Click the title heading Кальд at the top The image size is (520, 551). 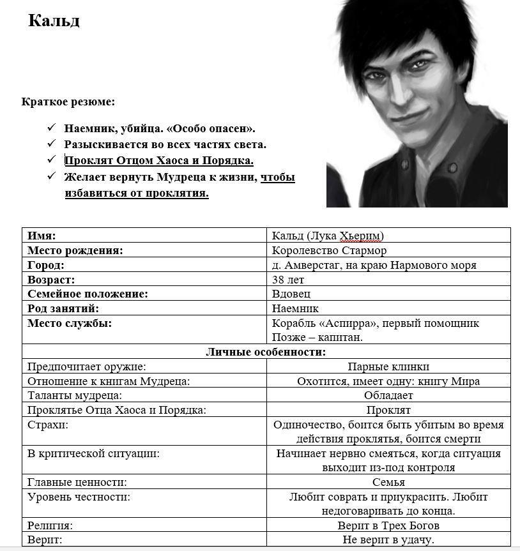click(54, 21)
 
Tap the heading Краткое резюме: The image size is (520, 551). click(68, 102)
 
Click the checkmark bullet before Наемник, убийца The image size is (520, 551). click(51, 128)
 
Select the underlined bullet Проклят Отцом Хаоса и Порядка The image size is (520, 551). click(159, 160)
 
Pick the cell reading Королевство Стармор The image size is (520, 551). click(329, 250)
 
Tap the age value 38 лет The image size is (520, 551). click(287, 280)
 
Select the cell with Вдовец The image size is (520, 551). click(291, 294)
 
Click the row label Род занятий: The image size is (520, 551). click(63, 308)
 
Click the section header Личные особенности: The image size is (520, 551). click(266, 352)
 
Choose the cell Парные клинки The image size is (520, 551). click(388, 366)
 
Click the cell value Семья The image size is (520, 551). click(388, 482)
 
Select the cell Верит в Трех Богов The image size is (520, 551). click(388, 525)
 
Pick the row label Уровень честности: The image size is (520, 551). click(79, 497)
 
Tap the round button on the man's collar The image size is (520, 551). click(452, 167)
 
